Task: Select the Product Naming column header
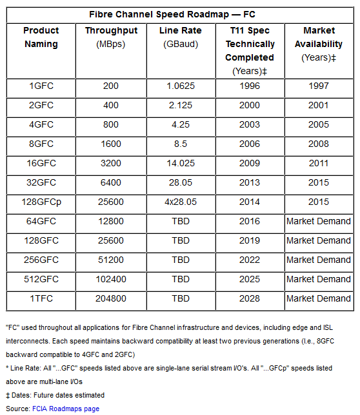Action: point(41,37)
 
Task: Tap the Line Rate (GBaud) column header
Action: point(181,37)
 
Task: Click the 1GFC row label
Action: point(41,86)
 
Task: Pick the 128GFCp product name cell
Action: point(41,202)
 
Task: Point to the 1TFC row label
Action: point(41,298)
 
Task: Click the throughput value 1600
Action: point(111,144)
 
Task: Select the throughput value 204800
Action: point(111,298)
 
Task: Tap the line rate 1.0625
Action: point(181,86)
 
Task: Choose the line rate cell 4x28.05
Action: point(181,202)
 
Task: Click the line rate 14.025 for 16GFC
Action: point(181,163)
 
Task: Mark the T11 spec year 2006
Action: point(250,144)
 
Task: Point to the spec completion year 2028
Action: point(250,298)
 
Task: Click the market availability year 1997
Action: point(319,86)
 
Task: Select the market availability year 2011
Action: point(319,163)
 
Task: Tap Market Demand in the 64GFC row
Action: point(319,221)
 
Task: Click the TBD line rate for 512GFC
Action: point(181,279)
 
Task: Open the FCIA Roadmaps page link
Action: point(66,409)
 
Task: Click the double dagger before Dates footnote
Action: point(8,396)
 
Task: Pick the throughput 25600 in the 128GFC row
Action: point(111,240)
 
